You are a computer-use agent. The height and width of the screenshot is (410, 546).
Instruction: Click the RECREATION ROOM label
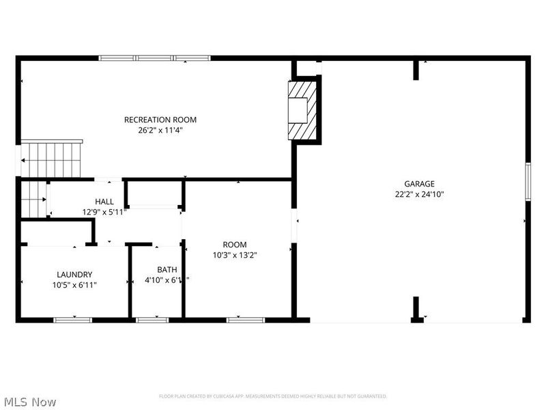tap(160, 120)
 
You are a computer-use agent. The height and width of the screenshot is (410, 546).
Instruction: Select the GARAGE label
tap(419, 184)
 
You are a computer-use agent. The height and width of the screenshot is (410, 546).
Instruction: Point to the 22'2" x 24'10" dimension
tap(419, 193)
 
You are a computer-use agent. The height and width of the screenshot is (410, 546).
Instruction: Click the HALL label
tap(104, 202)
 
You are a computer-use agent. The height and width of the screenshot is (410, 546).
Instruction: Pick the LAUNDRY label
tap(74, 275)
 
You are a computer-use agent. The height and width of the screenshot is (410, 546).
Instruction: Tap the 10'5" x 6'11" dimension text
tap(74, 285)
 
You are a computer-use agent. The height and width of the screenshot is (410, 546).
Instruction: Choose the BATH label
tap(167, 269)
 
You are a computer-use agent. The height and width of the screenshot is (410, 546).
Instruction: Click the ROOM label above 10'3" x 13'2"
tap(235, 245)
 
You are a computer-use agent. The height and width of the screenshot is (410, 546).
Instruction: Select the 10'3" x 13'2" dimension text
tap(235, 255)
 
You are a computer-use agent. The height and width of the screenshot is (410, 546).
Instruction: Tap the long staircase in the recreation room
tap(51, 159)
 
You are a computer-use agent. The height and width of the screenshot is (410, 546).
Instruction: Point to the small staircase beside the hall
tap(33, 199)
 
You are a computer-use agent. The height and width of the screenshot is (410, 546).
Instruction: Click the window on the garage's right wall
tap(527, 182)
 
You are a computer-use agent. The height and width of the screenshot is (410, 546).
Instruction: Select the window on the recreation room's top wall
tap(155, 58)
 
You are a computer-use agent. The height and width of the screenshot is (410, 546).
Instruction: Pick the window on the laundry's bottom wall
tap(73, 319)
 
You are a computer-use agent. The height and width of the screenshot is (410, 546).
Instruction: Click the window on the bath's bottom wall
tap(152, 319)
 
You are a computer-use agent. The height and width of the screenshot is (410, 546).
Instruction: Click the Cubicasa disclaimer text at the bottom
tap(273, 396)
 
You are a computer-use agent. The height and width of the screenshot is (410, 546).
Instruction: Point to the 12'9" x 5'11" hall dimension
tap(104, 212)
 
